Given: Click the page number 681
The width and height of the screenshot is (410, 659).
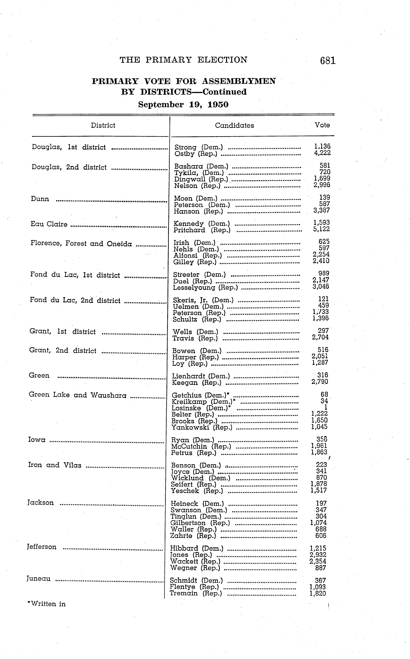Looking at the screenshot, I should (328, 60).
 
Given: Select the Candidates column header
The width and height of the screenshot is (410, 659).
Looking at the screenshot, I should (234, 125).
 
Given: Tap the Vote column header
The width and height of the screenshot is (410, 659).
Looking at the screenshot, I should (322, 125).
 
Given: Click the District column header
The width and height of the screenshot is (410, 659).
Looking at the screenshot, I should (103, 125).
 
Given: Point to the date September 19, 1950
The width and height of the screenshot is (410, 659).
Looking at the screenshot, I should (183, 104).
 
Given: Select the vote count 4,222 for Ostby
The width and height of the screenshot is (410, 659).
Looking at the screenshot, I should (322, 153).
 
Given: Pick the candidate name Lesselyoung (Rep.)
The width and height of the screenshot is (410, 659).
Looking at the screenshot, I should (205, 287).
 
